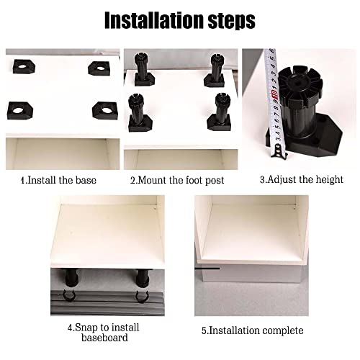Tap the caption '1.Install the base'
pos(58,180)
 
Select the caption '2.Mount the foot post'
pos(177,180)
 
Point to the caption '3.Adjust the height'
pos(301,179)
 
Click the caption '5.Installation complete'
pos(253,330)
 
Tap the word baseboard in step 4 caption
pos(99,337)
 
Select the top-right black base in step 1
pos(99,68)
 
